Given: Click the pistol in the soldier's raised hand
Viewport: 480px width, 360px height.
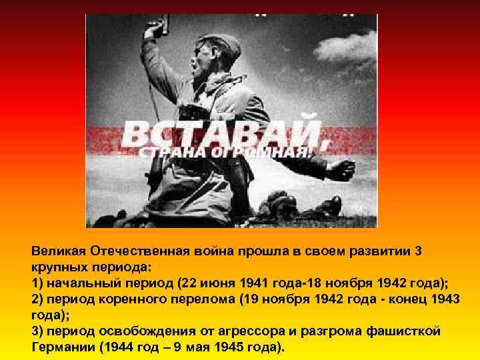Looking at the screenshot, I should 154,27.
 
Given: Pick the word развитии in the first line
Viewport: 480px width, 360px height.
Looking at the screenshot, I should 373,252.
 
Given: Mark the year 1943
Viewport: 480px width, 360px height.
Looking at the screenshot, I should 443,299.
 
